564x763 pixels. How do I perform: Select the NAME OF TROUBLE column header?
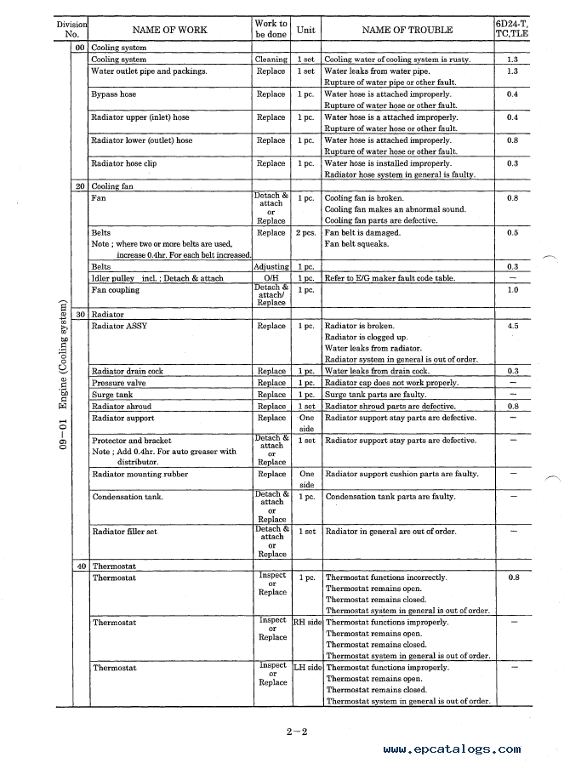pos(407,30)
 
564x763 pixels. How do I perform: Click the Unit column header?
pos(305,30)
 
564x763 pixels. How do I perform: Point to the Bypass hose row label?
pos(113,94)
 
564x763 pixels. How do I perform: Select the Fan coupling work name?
pos(115,290)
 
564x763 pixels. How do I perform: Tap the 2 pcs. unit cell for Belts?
pos(305,232)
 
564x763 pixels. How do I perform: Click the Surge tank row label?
pos(111,395)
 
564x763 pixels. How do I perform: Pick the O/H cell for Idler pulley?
pos(271,278)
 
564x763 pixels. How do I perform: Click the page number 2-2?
pos(295,730)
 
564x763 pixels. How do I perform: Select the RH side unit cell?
pos(307,623)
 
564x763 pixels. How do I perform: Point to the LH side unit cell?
pos(307,668)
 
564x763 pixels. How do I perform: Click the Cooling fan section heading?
pos(112,186)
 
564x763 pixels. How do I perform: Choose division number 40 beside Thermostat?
pos(80,566)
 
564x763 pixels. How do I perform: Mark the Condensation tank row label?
pos(128,497)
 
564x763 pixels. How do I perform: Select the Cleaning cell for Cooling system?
pos(271,60)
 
